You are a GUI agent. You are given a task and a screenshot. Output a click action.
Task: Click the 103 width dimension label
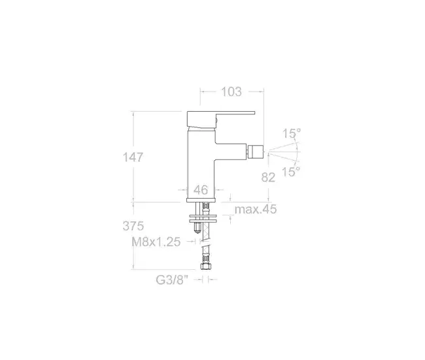(231, 92)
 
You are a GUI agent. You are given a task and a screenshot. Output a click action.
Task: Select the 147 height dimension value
(133, 157)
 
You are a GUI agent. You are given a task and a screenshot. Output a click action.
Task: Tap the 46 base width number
(201, 190)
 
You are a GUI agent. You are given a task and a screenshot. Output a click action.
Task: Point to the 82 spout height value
(268, 178)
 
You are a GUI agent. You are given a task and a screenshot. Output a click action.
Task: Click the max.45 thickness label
(256, 209)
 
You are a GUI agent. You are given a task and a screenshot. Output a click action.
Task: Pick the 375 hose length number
(133, 226)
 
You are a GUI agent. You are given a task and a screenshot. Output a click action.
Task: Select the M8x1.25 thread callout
(156, 242)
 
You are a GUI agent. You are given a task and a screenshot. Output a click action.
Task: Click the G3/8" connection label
(172, 280)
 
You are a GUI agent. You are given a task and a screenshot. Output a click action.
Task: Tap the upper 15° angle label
(292, 133)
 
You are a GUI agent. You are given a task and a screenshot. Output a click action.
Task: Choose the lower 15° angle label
(291, 172)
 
